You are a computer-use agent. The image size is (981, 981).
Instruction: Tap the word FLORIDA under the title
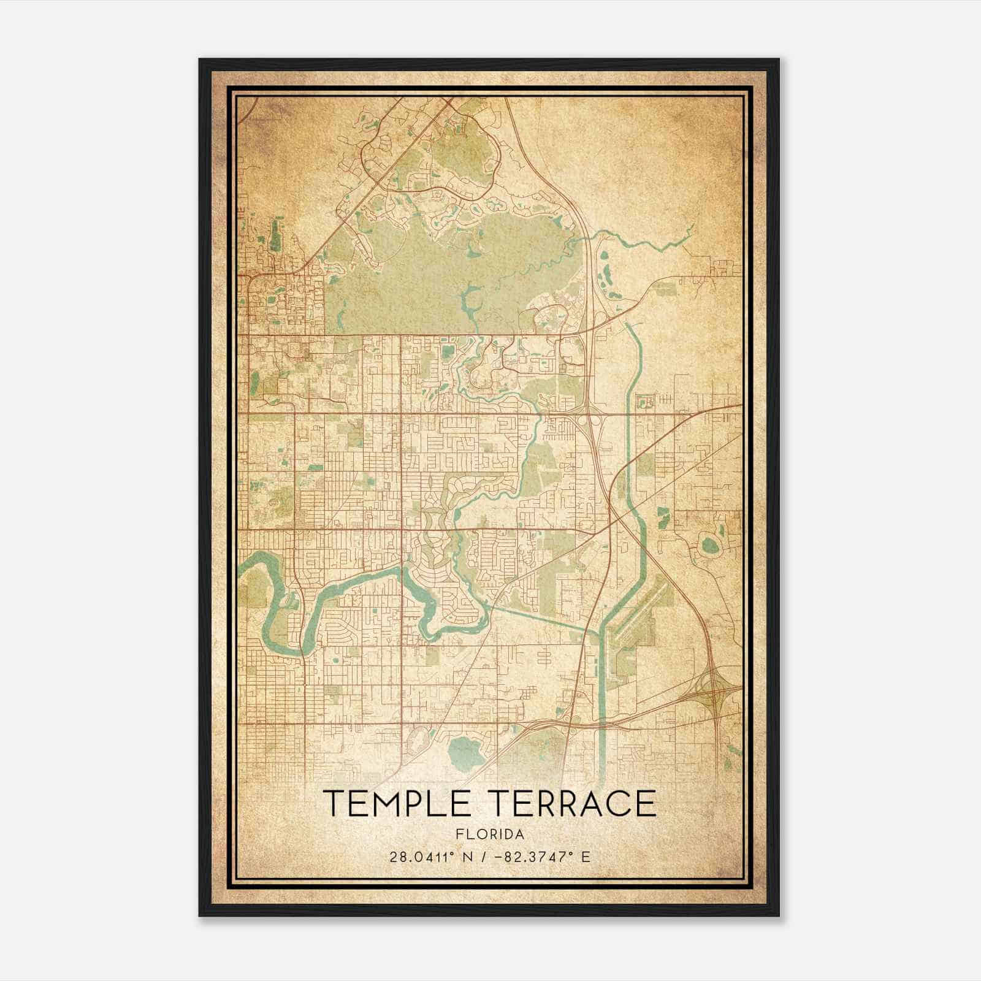[x=490, y=834]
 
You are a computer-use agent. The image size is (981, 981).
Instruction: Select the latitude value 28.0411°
[x=424, y=857]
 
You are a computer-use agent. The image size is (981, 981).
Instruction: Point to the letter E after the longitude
[x=586, y=857]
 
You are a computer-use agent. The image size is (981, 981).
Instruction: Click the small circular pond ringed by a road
[x=709, y=544]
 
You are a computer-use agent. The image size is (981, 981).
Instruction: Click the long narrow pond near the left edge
[x=273, y=233]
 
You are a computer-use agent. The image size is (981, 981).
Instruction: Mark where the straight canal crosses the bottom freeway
[x=603, y=723]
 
